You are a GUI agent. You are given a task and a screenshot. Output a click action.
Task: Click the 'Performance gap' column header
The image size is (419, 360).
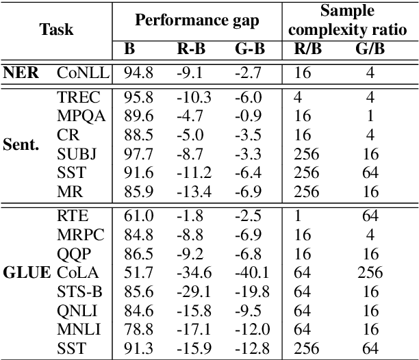point(197,19)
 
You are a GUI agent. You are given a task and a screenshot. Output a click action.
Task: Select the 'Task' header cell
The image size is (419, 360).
point(56,29)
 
